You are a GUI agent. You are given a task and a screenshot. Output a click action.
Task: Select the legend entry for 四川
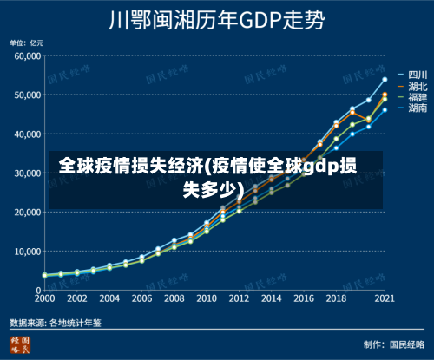click(407, 75)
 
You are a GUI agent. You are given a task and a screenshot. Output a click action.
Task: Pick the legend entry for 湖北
click(407, 86)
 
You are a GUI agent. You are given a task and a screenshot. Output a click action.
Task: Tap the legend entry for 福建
click(407, 97)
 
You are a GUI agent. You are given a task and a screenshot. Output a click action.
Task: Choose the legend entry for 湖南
click(407, 108)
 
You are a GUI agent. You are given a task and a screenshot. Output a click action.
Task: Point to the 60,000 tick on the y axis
click(27, 56)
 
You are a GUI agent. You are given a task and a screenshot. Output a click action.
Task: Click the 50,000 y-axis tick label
click(27, 95)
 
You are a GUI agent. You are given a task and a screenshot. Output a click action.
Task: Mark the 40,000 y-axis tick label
click(27, 134)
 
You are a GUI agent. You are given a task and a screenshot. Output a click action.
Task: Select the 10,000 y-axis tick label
click(27, 251)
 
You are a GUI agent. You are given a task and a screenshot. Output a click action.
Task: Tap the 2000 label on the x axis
click(44, 298)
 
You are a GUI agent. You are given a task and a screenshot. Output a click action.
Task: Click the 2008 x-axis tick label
click(174, 298)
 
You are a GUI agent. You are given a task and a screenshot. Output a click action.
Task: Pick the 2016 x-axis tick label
click(303, 298)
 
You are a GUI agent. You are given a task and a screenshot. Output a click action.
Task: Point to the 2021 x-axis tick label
click(384, 298)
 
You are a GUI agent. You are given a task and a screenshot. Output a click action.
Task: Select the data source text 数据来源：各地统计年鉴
click(56, 322)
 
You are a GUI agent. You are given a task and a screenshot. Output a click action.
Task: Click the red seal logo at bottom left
click(19, 344)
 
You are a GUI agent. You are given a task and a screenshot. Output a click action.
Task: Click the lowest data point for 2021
click(384, 109)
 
